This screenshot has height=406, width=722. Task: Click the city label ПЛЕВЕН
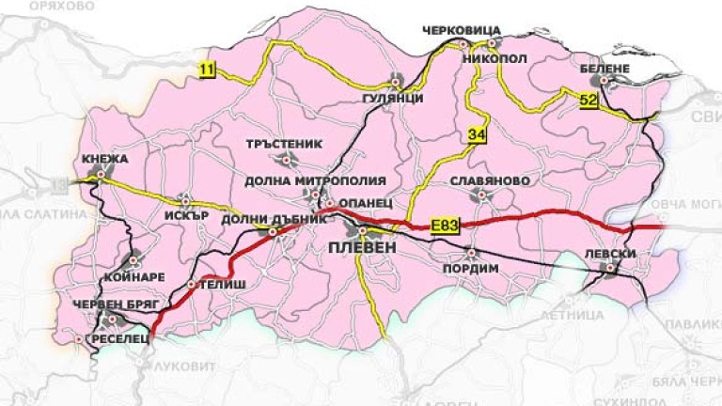[362, 247]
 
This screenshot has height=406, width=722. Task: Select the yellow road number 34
[477, 136]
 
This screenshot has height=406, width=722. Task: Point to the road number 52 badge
[589, 99]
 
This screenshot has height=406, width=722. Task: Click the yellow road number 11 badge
[206, 68]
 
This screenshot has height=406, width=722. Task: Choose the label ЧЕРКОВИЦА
[463, 29]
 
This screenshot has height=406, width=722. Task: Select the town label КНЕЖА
[104, 158]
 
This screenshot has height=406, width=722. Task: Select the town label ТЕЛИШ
[222, 283]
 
